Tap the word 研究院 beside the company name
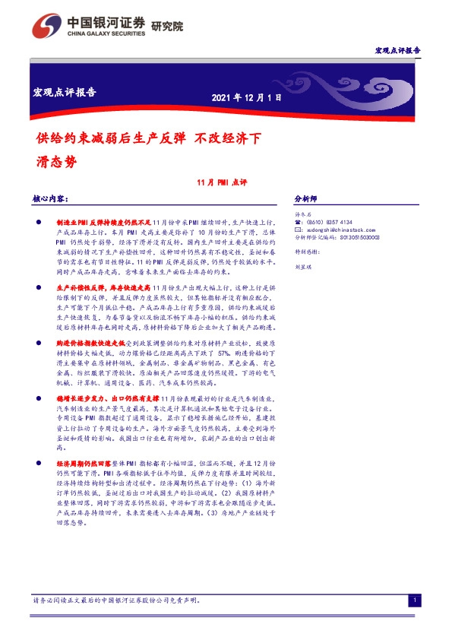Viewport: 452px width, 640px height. [x=167, y=25]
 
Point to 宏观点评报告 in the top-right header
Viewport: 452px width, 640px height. [x=398, y=50]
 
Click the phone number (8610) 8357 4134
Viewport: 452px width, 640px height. [x=331, y=222]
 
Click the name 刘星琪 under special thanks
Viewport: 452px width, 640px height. [x=304, y=268]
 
